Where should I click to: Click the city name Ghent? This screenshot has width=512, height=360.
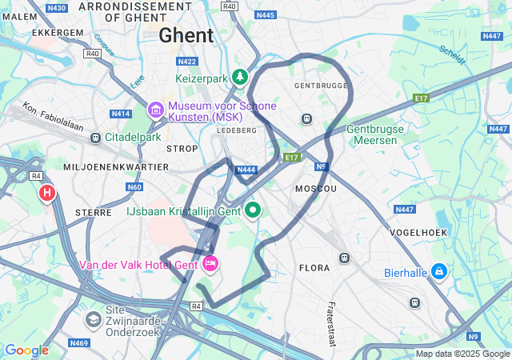tap(186, 35)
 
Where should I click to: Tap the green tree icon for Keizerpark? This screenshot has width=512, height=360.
tap(239, 77)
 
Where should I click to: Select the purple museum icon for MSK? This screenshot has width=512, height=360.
tap(155, 108)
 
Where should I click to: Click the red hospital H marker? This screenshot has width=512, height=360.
tap(47, 193)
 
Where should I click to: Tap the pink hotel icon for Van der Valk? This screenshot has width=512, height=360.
tap(211, 263)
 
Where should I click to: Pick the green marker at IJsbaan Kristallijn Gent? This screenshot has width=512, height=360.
tap(254, 210)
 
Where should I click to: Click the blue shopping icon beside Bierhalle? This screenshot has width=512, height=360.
tap(438, 272)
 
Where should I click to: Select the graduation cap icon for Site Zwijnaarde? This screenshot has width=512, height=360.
tap(94, 320)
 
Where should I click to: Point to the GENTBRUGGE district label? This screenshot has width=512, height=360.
tap(321, 85)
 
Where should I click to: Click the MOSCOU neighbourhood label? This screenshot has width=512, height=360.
tap(315, 188)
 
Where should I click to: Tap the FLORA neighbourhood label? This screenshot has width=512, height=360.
tap(314, 268)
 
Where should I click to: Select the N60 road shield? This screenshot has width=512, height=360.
tap(134, 187)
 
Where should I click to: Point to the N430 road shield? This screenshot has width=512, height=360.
tap(56, 8)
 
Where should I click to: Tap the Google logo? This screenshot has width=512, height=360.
tap(26, 350)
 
